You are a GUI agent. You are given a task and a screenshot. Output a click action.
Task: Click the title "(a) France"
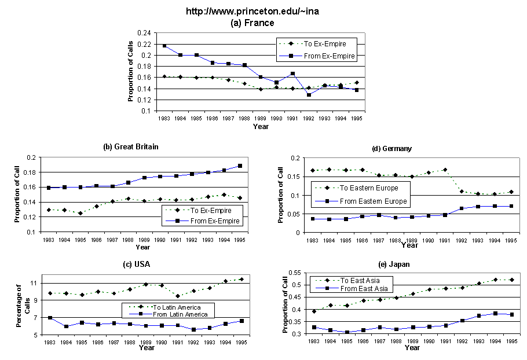click(x=252, y=23)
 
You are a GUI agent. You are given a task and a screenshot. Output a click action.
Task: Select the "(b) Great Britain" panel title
click(x=130, y=147)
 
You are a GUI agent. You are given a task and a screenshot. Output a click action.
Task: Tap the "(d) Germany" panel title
click(x=392, y=149)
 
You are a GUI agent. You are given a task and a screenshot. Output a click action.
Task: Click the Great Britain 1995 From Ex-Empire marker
click(x=239, y=166)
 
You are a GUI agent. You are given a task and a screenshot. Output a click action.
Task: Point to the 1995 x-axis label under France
click(x=357, y=119)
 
